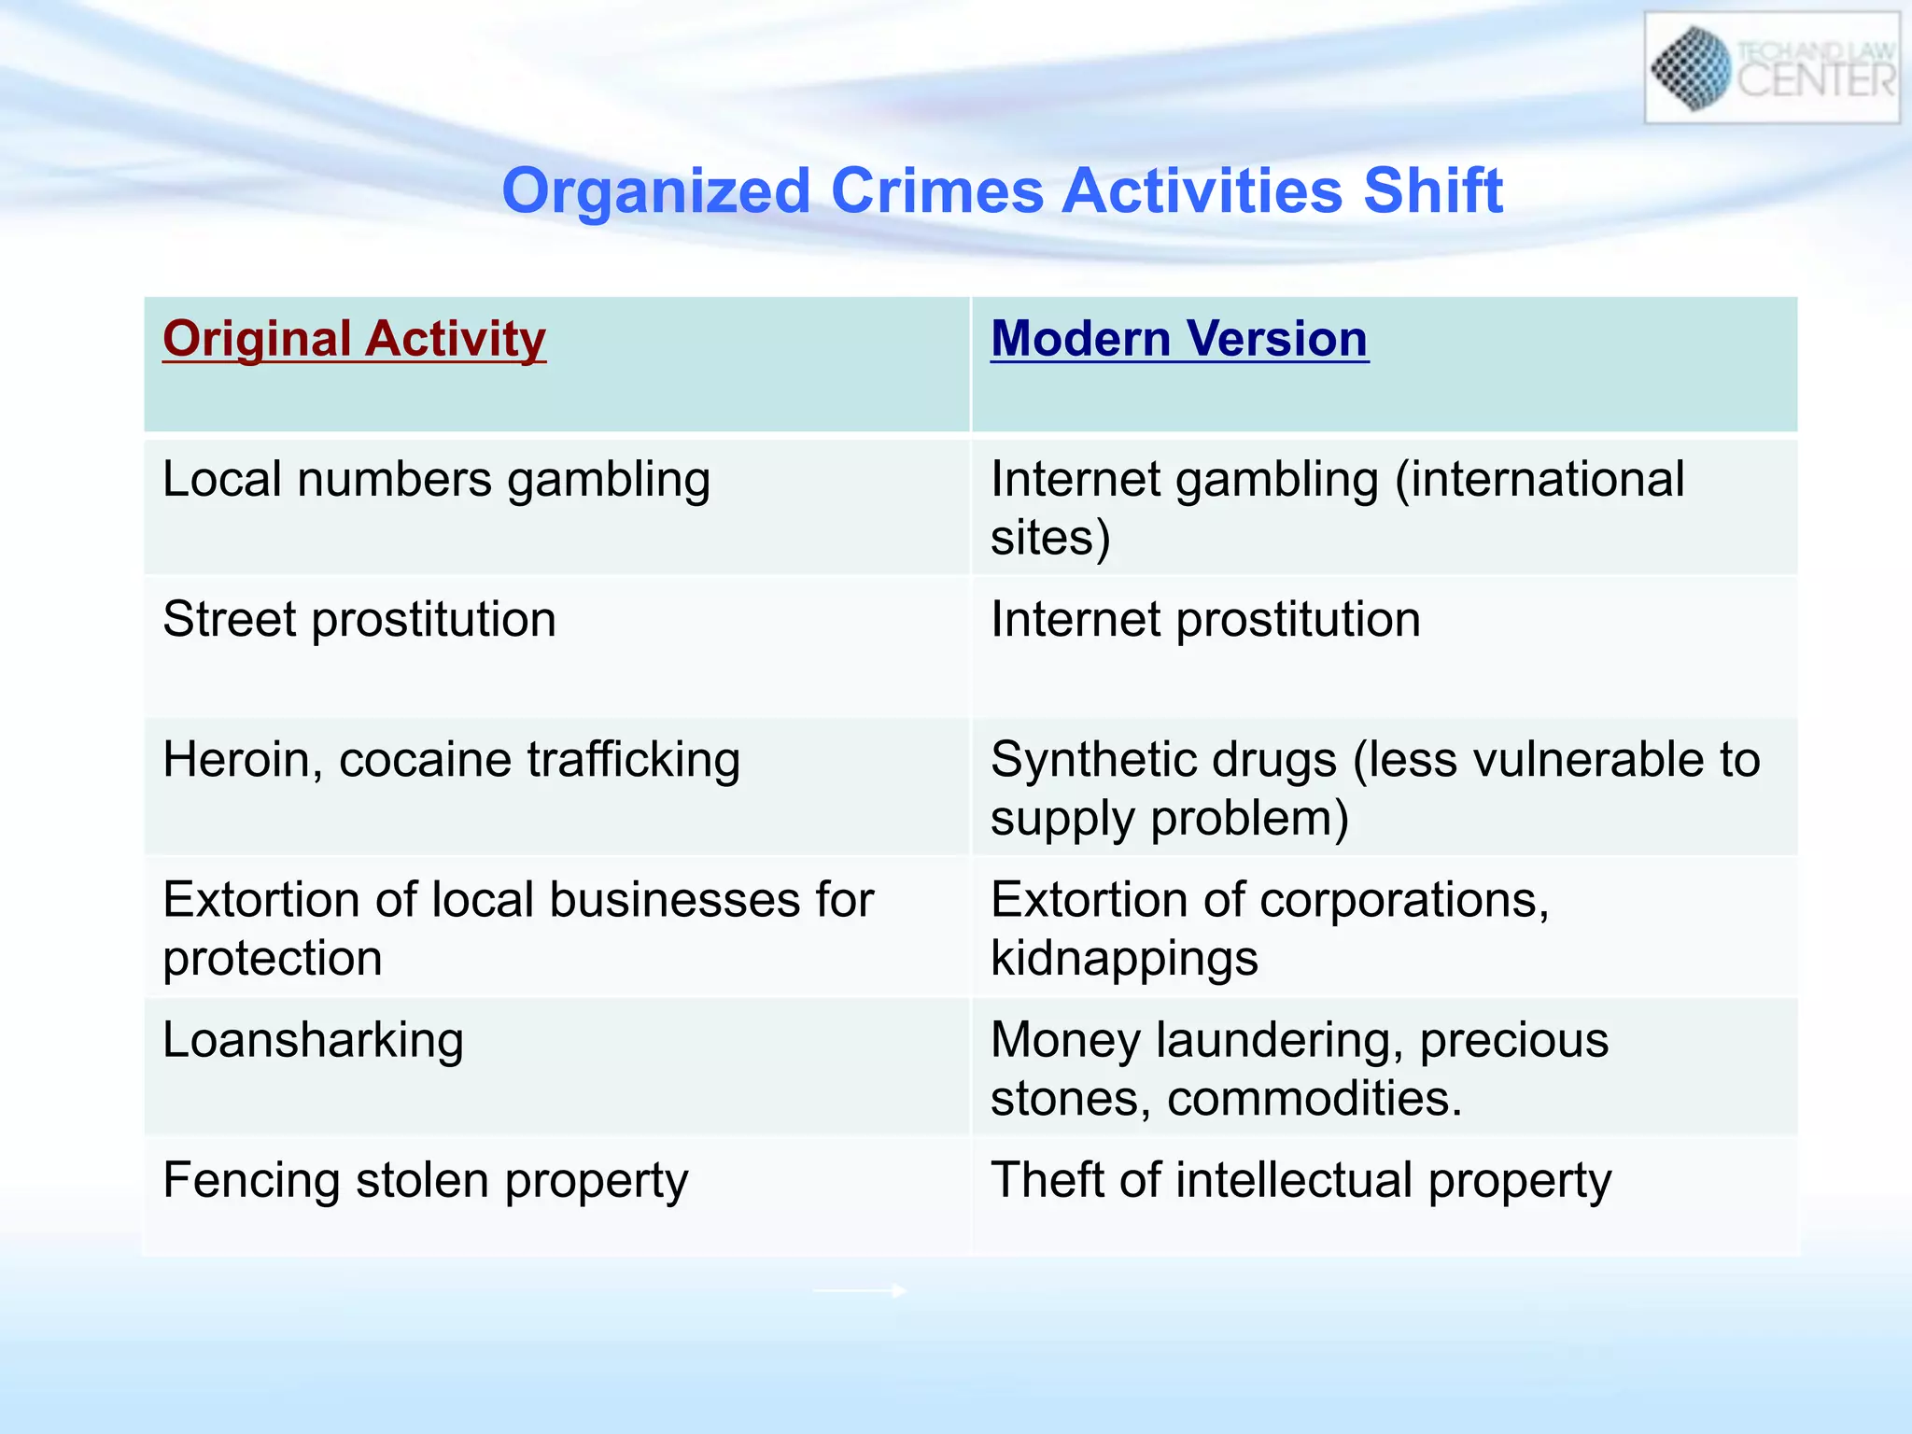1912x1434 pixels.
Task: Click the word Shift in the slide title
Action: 1433,191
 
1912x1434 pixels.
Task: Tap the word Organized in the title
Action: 655,191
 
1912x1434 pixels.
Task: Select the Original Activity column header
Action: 354,339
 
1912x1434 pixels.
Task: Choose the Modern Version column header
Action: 1179,339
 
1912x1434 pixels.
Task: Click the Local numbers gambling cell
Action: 436,481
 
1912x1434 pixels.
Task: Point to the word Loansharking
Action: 313,1041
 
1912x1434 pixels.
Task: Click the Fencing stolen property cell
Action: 425,1181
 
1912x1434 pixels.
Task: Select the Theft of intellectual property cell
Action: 1300,1181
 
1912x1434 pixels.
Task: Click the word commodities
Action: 1314,1099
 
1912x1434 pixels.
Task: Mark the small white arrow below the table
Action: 859,1291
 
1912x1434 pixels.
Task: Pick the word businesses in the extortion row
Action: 673,901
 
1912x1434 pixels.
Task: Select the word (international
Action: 1539,481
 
